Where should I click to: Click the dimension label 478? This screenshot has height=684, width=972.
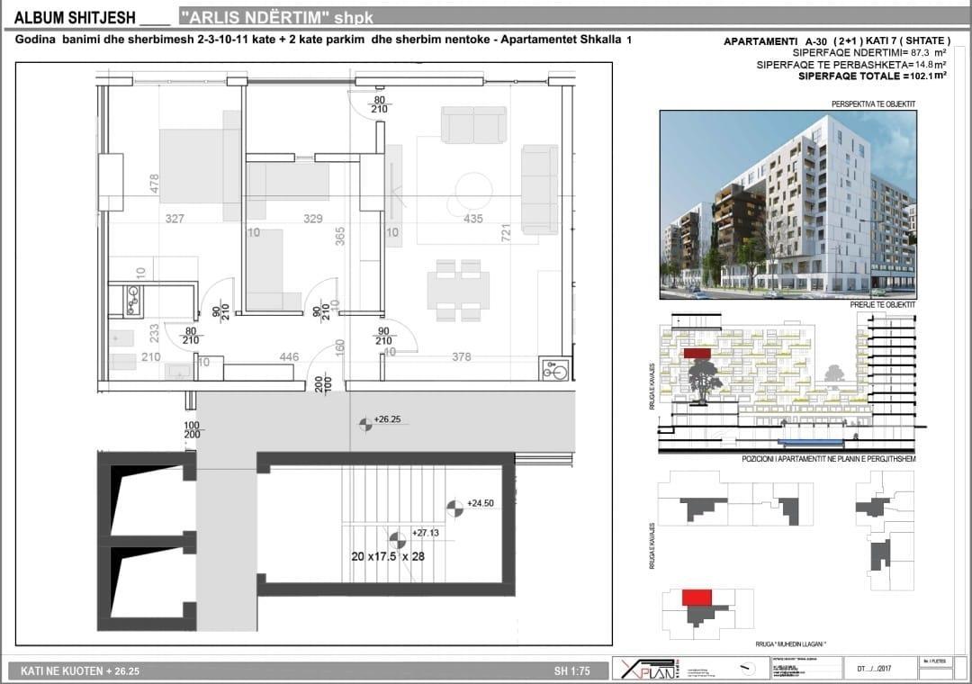(x=154, y=184)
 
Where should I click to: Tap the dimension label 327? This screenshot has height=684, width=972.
(x=175, y=219)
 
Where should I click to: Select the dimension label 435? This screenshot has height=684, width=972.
(x=472, y=219)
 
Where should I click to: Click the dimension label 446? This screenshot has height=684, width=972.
(x=289, y=357)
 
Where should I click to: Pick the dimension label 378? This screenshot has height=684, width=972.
(x=461, y=357)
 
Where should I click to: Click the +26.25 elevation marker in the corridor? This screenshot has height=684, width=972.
(x=364, y=421)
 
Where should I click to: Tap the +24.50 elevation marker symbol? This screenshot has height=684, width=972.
(x=454, y=508)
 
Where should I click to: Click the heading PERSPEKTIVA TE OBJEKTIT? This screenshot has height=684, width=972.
(x=873, y=104)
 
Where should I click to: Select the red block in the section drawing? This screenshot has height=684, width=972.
(x=697, y=354)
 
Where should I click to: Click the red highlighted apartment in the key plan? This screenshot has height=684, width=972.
(x=697, y=597)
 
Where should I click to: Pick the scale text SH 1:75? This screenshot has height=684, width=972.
(x=571, y=671)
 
